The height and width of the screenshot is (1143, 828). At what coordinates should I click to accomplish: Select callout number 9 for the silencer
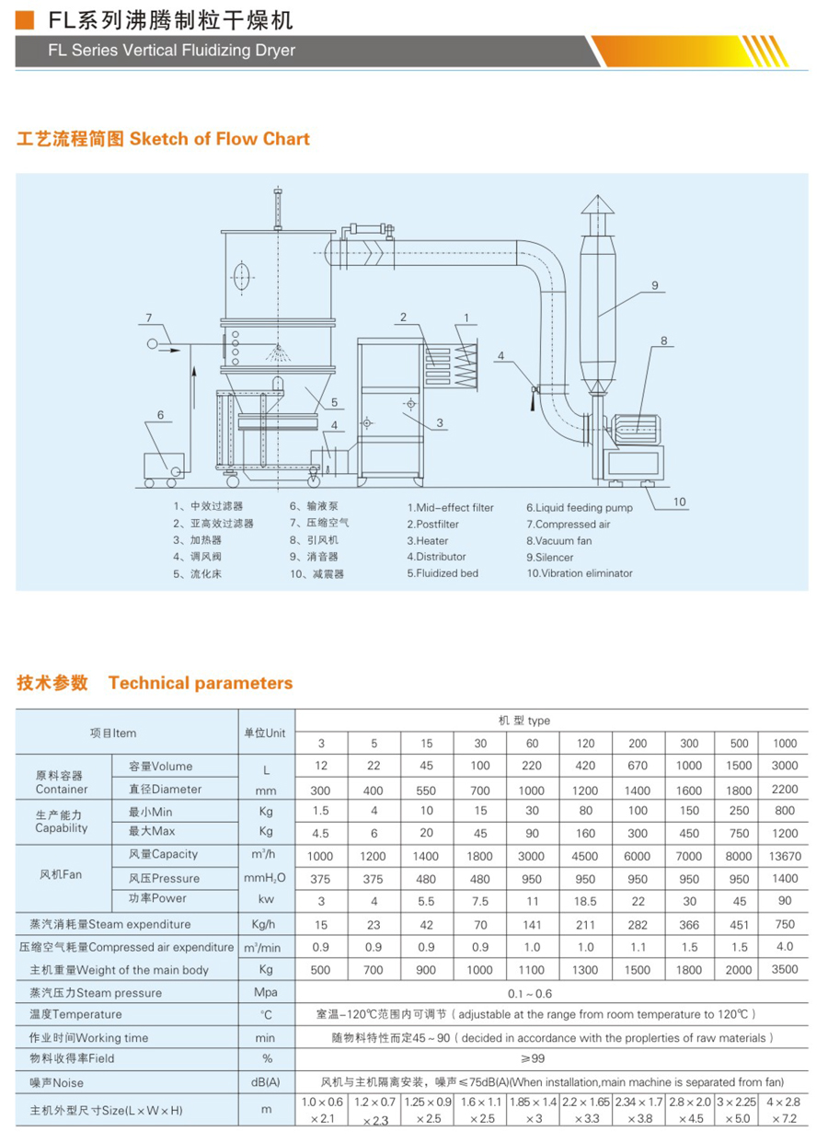click(x=655, y=286)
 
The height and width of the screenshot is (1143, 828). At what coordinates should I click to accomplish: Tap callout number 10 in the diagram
click(x=679, y=502)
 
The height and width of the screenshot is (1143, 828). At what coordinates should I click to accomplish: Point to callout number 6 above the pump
click(x=159, y=415)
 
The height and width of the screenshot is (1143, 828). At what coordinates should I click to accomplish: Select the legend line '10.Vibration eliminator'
click(x=580, y=573)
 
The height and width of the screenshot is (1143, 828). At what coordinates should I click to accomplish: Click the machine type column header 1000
click(x=785, y=744)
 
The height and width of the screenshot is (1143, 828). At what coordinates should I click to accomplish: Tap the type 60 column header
click(x=532, y=744)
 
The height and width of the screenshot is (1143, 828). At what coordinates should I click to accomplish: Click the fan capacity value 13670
click(x=785, y=855)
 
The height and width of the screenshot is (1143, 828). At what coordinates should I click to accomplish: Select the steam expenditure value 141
click(x=532, y=924)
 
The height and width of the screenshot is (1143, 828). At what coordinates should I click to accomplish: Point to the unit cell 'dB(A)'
click(x=267, y=1083)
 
